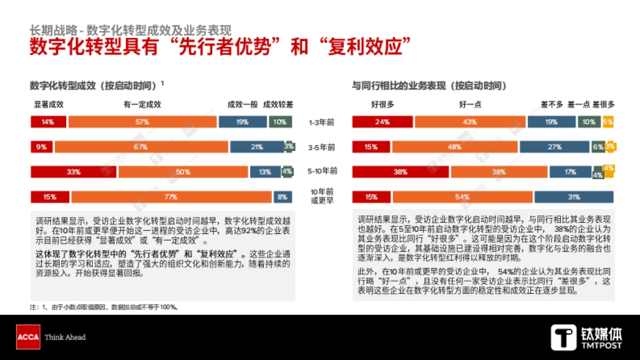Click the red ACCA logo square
28,337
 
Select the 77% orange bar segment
171,197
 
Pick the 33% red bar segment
74,172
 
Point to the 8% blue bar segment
283,197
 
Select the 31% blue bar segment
574,197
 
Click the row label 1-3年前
323,122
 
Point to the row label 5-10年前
323,172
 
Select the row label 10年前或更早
323,196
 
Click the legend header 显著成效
49,105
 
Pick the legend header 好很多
382,105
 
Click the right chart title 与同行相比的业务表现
429,85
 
